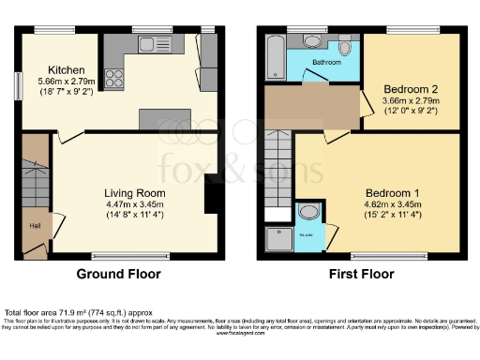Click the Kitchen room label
(67, 70)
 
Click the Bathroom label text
(326, 63)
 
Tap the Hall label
(34, 225)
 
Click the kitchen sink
(148, 44)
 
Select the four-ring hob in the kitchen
(114, 77)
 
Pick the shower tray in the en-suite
(279, 240)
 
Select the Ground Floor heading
(117, 275)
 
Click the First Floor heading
(361, 275)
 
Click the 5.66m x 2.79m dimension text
(67, 82)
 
